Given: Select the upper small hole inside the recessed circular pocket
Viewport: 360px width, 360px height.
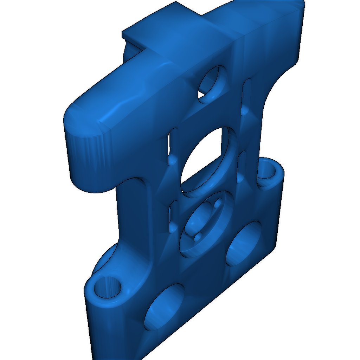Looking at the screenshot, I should [x=217, y=203].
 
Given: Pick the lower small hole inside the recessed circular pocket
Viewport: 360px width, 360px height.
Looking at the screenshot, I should [x=198, y=236].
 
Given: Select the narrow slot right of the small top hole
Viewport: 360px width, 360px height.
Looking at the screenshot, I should [x=246, y=97].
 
